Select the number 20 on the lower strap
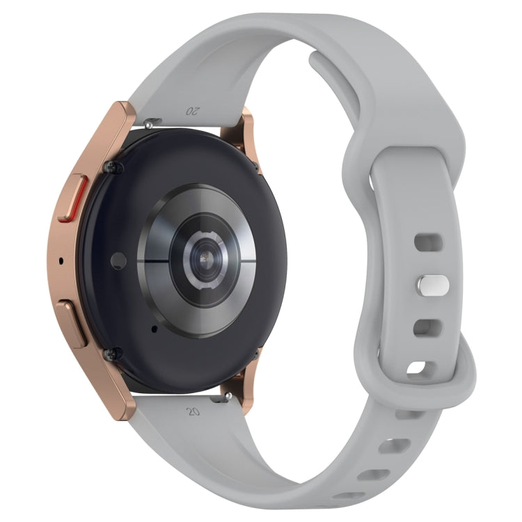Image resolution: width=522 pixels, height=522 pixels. pyautogui.click(x=193, y=411)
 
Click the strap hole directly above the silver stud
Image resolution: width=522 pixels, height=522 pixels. pyautogui.click(x=427, y=243)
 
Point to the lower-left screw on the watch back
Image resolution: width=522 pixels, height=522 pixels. pyautogui.click(x=109, y=355)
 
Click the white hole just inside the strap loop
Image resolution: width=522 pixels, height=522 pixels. pyautogui.click(x=418, y=368)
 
